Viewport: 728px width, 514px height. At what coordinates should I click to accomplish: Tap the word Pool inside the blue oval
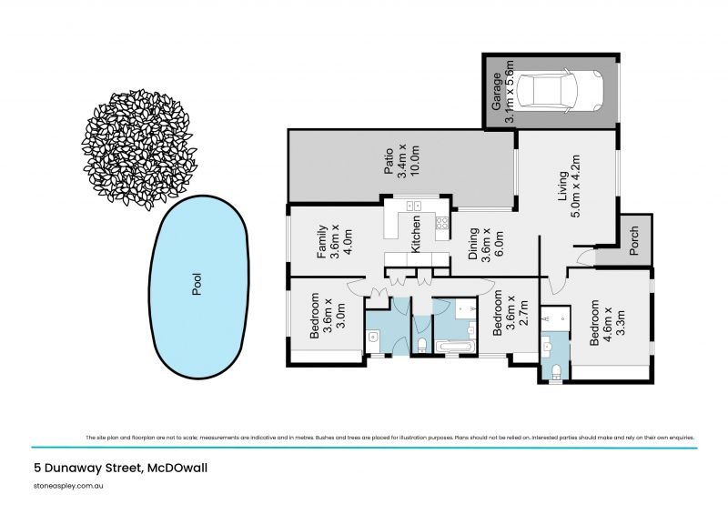[197, 287]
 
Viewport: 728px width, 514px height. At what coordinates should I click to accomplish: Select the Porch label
[634, 240]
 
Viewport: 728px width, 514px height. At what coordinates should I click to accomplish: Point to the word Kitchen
[416, 235]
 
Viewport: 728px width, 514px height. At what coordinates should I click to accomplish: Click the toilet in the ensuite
[556, 368]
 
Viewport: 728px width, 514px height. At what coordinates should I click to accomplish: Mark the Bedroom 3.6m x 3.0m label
[324, 316]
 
